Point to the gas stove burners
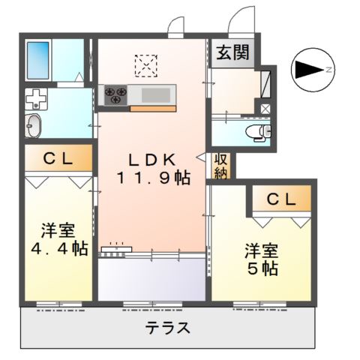pyautogui.click(x=115, y=94)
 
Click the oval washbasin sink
pyautogui.click(x=34, y=125)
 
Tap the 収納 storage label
pyautogui.click(x=221, y=165)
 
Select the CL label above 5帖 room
pyautogui.click(x=277, y=199)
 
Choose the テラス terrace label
pyautogui.click(x=167, y=328)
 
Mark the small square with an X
pyautogui.click(x=265, y=109)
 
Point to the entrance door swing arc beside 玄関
pyautogui.click(x=241, y=20)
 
